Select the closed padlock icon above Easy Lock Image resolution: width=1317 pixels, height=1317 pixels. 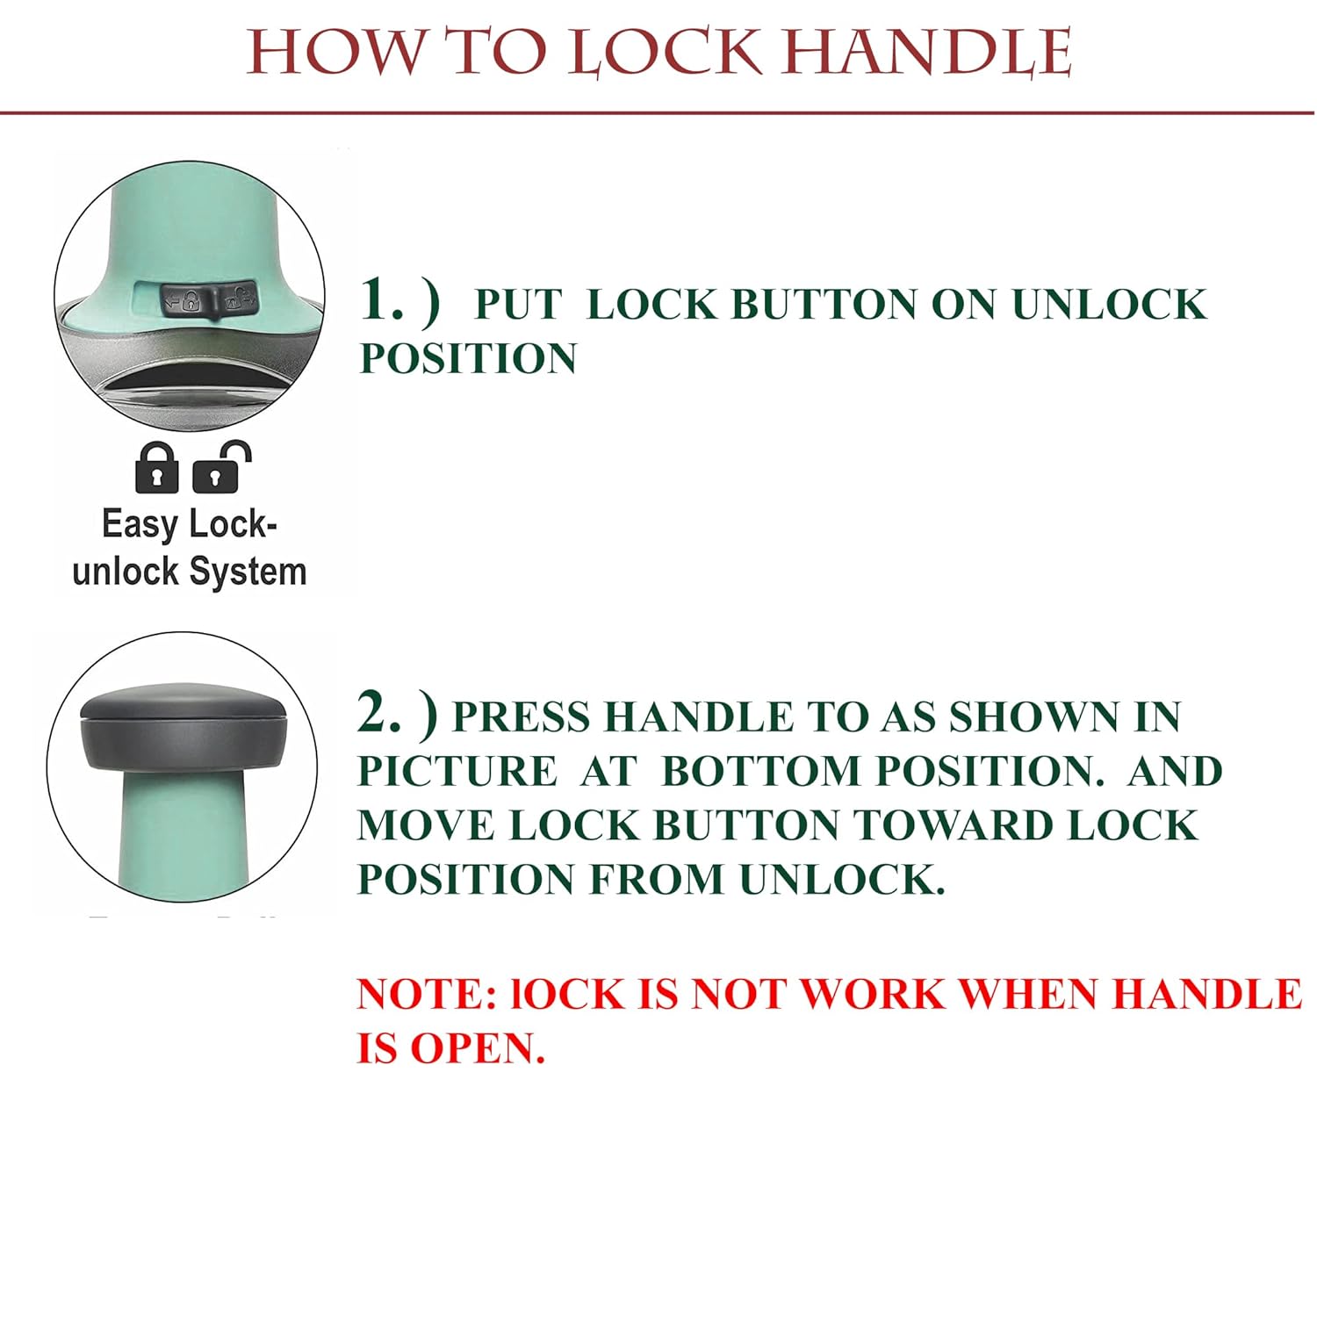pyautogui.click(x=157, y=468)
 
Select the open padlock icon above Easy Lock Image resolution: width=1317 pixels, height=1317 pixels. pyautogui.click(x=222, y=466)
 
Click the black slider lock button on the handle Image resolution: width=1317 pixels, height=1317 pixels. pyautogui.click(x=209, y=300)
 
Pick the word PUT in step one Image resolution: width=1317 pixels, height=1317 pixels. pyautogui.click(x=517, y=305)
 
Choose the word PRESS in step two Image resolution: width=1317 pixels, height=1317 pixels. pyautogui.click(x=521, y=717)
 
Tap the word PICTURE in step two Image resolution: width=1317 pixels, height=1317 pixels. pyautogui.click(x=457, y=772)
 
